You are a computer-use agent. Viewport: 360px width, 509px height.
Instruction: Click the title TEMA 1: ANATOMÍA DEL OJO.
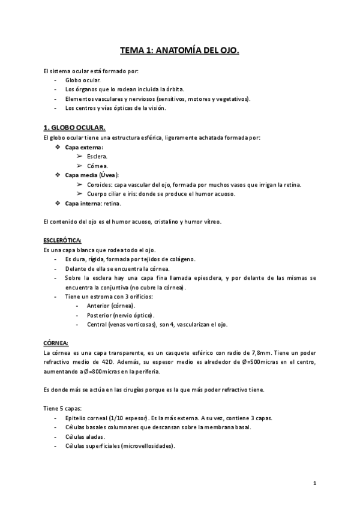(x=179, y=52)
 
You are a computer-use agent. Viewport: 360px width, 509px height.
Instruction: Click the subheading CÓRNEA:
(x=56, y=343)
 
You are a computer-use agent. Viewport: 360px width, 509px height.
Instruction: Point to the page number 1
(x=314, y=483)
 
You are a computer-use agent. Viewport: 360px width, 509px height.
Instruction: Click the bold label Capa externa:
(x=83, y=147)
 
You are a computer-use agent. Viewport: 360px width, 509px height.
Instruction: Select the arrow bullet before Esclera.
(x=79, y=156)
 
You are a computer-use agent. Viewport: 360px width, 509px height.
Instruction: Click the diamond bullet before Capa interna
(x=58, y=203)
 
